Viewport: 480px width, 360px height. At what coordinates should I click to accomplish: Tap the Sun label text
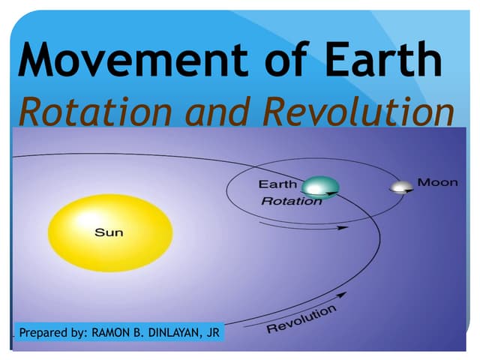coord(109,232)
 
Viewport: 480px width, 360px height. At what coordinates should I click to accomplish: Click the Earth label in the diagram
coord(277,184)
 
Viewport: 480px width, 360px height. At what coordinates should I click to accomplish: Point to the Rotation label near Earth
coord(291,201)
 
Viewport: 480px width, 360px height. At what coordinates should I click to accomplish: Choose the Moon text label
coord(437,182)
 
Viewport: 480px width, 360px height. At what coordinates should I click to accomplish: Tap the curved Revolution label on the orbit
coord(302,321)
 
